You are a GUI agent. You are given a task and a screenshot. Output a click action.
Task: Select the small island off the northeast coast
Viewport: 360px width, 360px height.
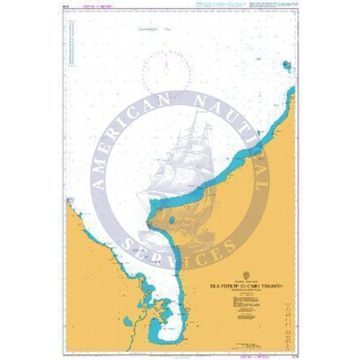(287, 67)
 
